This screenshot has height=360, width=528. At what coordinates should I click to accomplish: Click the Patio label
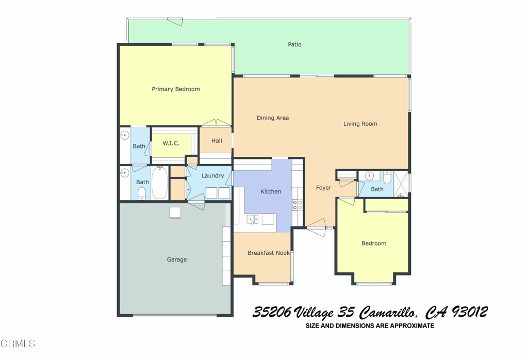coord(294,45)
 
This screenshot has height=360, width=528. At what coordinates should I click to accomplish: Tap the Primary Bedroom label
coord(175,89)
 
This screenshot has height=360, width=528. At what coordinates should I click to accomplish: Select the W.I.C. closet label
coord(171,143)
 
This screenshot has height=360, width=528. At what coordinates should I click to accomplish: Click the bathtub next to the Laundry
coord(159,183)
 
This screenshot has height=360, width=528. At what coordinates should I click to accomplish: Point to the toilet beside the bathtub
coord(142,193)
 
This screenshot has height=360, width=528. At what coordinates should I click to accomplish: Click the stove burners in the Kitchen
coord(298,205)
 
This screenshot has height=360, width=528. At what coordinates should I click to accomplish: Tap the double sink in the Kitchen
coord(253,219)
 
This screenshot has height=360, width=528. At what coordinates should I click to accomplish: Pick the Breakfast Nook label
coord(268,253)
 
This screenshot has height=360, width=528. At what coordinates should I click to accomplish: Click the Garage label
coord(176,259)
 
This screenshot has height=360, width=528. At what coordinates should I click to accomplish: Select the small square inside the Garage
coord(175,212)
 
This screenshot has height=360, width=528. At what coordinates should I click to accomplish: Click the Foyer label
coord(323,188)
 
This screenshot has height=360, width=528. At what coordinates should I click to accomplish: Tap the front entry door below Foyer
coord(316,228)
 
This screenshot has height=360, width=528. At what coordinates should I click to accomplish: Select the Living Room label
coord(360,124)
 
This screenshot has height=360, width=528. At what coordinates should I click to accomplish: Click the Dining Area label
coord(272,118)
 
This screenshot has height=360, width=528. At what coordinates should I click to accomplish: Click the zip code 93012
coord(469,313)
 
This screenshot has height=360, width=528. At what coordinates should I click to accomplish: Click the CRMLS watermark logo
coord(18,343)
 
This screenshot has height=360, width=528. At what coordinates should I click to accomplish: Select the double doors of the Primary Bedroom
coord(216,123)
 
